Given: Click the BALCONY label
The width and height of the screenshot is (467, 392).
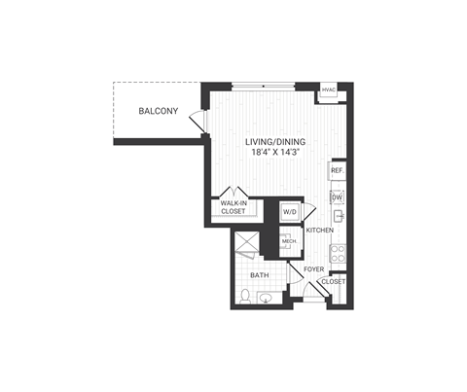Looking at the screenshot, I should pos(156,112).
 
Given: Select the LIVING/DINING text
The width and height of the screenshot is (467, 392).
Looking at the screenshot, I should pos(276,142).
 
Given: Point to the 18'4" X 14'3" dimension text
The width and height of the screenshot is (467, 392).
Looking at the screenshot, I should pos(276,153).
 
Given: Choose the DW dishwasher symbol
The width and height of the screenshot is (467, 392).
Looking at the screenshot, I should pos(337,197).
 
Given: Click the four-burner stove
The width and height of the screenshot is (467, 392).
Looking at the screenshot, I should pos(338,255).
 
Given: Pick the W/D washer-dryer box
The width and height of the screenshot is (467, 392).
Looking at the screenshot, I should pos(290,212).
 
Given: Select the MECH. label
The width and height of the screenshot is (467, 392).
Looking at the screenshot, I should pos(290,239).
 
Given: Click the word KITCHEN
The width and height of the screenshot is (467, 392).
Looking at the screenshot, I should pos(319,231).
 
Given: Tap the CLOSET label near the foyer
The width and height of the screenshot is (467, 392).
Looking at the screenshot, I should pos(333,281).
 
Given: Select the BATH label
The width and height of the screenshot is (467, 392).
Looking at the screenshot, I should pos(261,275).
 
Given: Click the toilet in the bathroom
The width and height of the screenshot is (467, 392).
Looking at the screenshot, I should pos(244,296).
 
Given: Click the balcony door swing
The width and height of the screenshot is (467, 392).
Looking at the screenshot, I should pos(198,124).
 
